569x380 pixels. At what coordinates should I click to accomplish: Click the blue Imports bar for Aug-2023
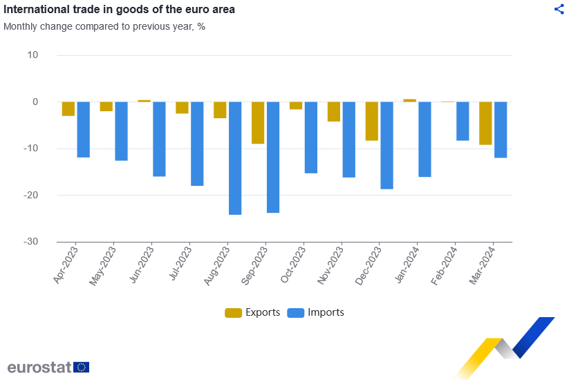pyautogui.click(x=235, y=158)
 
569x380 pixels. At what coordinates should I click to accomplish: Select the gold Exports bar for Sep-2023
pyautogui.click(x=258, y=123)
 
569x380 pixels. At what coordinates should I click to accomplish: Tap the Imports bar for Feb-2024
pyautogui.click(x=463, y=121)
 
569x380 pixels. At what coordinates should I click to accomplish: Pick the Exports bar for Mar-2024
pyautogui.click(x=485, y=123)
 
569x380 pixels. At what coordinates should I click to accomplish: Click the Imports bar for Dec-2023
pyautogui.click(x=386, y=145)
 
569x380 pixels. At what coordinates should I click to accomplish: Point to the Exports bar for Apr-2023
pyautogui.click(x=68, y=108)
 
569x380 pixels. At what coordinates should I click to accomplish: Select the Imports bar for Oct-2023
pyautogui.click(x=311, y=137)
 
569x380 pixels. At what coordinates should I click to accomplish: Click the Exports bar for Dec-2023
pyautogui.click(x=372, y=121)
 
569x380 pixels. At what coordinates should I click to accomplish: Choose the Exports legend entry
pyautogui.click(x=252, y=312)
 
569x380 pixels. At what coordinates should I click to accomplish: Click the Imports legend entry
pyautogui.click(x=316, y=312)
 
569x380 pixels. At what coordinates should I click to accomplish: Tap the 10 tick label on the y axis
pyautogui.click(x=32, y=55)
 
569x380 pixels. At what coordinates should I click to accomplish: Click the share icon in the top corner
pyautogui.click(x=559, y=9)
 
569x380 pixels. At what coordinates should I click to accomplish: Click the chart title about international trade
pyautogui.click(x=119, y=10)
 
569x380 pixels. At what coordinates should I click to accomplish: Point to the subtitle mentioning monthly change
pyautogui.click(x=104, y=27)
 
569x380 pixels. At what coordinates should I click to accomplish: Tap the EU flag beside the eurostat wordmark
pyautogui.click(x=81, y=367)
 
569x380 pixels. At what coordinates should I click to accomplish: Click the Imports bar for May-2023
pyautogui.click(x=122, y=131)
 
